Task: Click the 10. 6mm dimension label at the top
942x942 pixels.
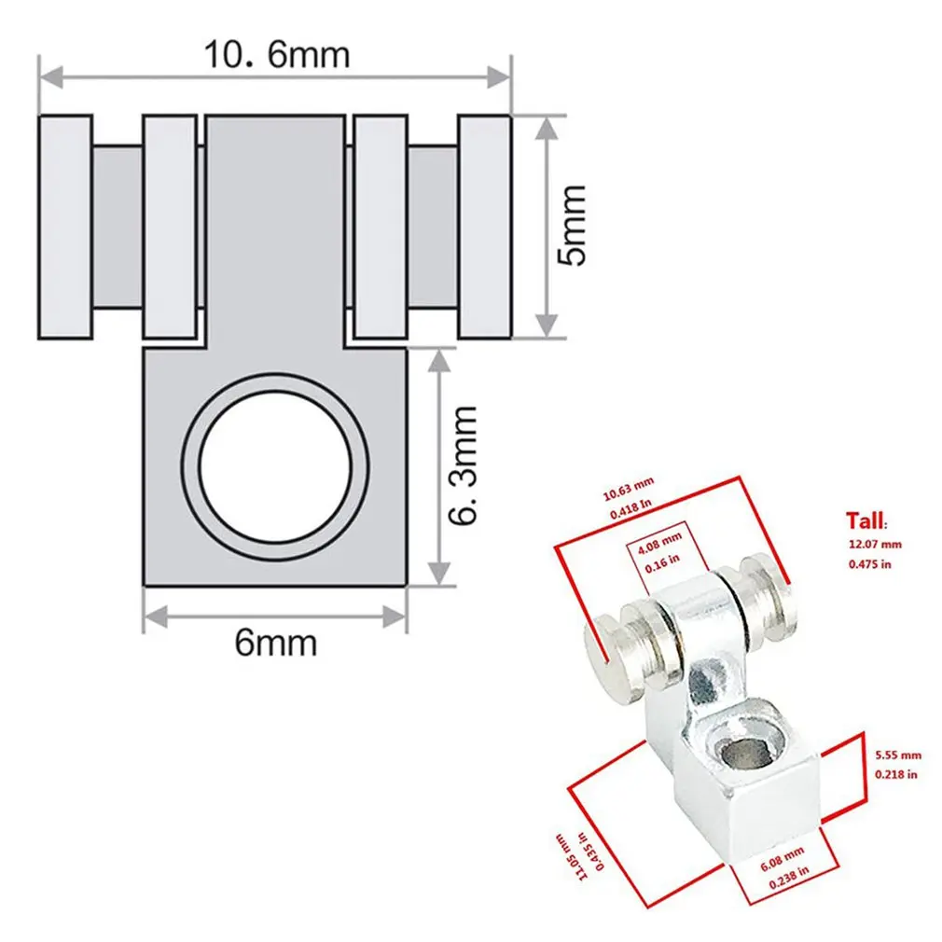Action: coord(276,55)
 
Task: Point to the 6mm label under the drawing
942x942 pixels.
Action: coord(275,643)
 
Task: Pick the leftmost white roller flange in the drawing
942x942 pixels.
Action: coord(65,227)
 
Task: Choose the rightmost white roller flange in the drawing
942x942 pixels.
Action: coord(484,227)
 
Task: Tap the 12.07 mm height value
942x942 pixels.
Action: coord(874,544)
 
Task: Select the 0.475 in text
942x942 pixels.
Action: coord(870,564)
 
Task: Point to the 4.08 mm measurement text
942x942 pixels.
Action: coord(659,538)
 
